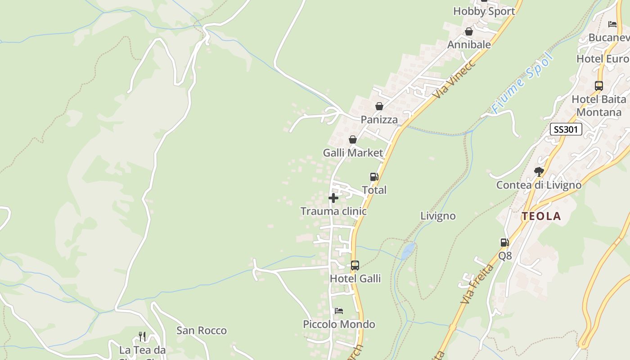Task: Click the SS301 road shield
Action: click(x=566, y=130)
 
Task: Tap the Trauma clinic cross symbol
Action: click(x=333, y=198)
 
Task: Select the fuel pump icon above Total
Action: click(x=374, y=177)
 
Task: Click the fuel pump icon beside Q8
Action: click(x=505, y=243)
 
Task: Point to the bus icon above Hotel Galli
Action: click(x=355, y=265)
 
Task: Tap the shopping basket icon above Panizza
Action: click(x=379, y=106)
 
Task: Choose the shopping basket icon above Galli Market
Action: click(x=353, y=139)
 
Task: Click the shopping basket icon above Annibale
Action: click(x=469, y=31)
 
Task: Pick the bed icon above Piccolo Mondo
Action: click(x=339, y=311)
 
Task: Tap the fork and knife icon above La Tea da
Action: click(x=142, y=336)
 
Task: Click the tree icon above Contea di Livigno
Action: click(x=539, y=171)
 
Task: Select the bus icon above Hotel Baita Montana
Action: click(x=599, y=85)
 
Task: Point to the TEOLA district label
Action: click(x=541, y=216)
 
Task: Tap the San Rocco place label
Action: click(x=202, y=331)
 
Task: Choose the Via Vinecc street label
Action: click(x=454, y=80)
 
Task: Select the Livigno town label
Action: click(x=438, y=216)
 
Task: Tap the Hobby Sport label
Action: click(x=484, y=11)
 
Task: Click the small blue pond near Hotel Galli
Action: click(x=408, y=250)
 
